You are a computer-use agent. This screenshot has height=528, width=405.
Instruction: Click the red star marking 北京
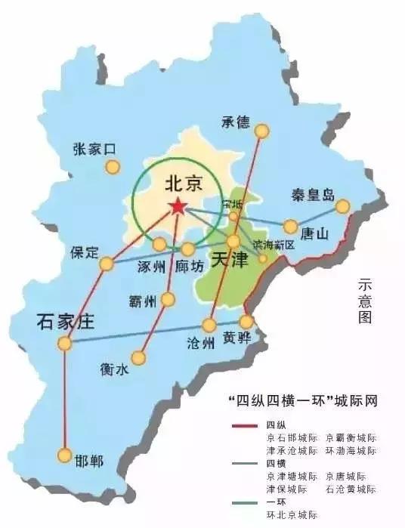177,205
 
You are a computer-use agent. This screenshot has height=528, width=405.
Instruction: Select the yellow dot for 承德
262,131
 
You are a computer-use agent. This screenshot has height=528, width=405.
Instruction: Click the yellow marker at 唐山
291,226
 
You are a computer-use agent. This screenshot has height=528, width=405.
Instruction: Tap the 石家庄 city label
64,323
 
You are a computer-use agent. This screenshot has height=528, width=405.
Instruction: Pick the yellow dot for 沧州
209,326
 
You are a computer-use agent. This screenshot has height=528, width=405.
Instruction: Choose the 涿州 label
153,267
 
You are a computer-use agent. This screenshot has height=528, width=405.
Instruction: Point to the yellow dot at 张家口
113,167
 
